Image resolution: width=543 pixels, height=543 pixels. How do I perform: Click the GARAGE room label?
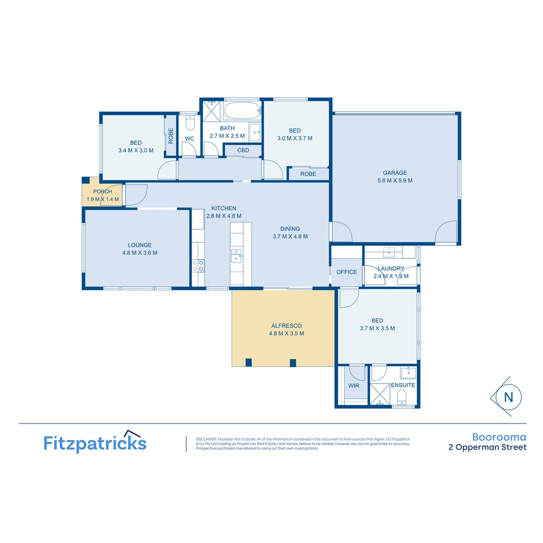pyautogui.click(x=395, y=173)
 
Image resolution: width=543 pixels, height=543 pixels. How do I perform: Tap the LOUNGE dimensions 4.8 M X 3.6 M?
pyautogui.click(x=140, y=253)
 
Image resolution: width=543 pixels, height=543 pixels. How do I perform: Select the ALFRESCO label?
pyautogui.click(x=286, y=326)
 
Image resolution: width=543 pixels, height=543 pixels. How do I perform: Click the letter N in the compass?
pyautogui.click(x=508, y=397)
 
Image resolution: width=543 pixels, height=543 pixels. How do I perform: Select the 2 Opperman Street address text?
pyautogui.click(x=487, y=447)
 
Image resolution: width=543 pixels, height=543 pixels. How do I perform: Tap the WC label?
pyautogui.click(x=190, y=139)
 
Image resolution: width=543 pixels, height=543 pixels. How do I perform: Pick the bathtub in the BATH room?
pyautogui.click(x=242, y=111)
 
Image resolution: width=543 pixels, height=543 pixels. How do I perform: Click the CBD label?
pyautogui.click(x=243, y=150)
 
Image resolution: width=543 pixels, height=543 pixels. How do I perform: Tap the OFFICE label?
pyautogui.click(x=346, y=272)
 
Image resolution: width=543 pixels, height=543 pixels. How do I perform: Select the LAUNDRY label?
pyautogui.click(x=391, y=269)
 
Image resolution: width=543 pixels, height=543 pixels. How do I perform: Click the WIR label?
pyautogui.click(x=354, y=386)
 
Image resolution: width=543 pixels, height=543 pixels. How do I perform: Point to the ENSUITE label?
pyautogui.click(x=403, y=385)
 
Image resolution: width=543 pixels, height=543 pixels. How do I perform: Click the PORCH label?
pyautogui.click(x=103, y=192)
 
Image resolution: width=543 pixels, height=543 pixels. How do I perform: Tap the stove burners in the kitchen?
pyautogui.click(x=198, y=265)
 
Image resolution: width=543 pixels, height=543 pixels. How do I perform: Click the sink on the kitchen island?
pyautogui.click(x=236, y=256)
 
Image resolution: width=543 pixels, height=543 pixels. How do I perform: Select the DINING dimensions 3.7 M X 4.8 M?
pyautogui.click(x=290, y=236)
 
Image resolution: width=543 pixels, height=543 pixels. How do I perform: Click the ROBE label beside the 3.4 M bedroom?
pyautogui.click(x=171, y=136)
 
